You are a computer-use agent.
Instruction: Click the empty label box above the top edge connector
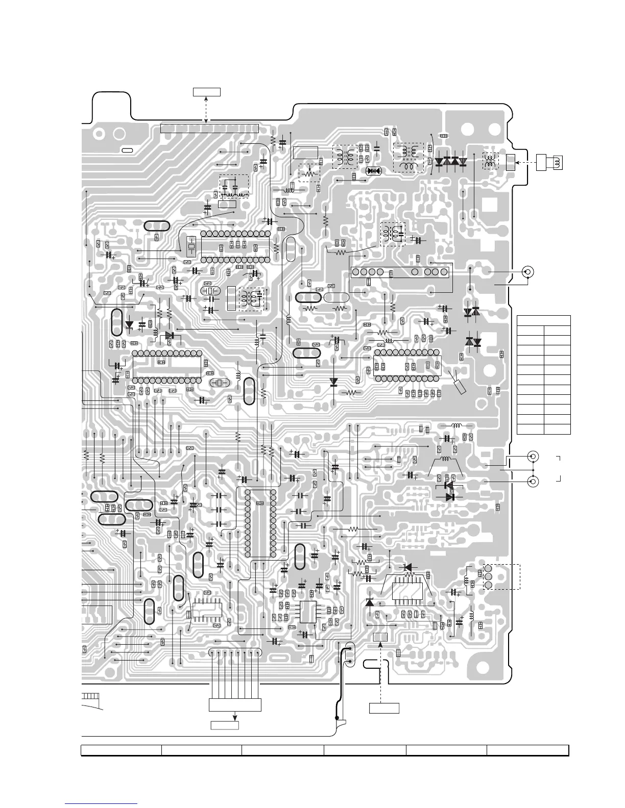[x=207, y=92]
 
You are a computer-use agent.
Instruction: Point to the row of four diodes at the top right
[x=450, y=162]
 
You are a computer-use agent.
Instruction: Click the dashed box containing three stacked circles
[x=501, y=576]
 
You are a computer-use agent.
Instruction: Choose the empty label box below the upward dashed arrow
[x=384, y=708]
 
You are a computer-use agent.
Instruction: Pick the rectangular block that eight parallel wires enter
[x=235, y=705]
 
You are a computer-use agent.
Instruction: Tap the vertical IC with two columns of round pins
[x=260, y=523]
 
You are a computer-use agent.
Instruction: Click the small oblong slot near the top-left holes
[x=127, y=150]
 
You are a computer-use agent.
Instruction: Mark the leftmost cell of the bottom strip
[x=122, y=750]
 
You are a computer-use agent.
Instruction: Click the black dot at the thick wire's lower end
[x=336, y=718]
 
